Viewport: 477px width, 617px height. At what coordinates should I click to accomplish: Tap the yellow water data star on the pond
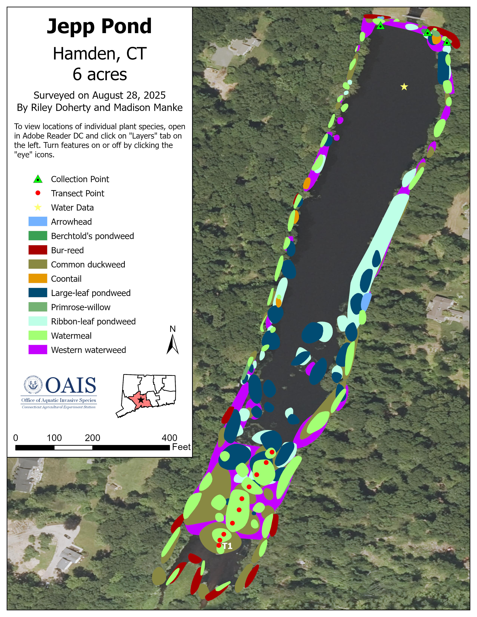coord(404,87)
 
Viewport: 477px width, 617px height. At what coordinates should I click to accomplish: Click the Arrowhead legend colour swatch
coord(38,222)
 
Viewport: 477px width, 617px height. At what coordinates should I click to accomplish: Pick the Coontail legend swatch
coord(38,279)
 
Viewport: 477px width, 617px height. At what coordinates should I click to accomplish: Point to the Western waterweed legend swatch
coord(38,350)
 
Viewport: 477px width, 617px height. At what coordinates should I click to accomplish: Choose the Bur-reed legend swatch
coord(38,250)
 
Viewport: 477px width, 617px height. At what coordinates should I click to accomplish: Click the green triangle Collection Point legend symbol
coord(38,179)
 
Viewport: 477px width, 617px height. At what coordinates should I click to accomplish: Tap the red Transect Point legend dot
coord(38,193)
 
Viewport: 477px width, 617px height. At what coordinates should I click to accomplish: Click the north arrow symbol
coord(172,344)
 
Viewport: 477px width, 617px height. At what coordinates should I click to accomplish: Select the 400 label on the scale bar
coord(169,438)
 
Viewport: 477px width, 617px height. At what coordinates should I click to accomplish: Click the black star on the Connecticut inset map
coord(141,400)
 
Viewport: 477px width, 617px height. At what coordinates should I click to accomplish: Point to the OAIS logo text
coord(71,386)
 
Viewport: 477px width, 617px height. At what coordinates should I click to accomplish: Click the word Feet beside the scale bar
coord(181,447)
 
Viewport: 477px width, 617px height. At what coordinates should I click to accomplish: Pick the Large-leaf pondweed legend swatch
coord(38,293)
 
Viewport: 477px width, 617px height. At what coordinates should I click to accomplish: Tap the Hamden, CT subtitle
coord(100,53)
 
